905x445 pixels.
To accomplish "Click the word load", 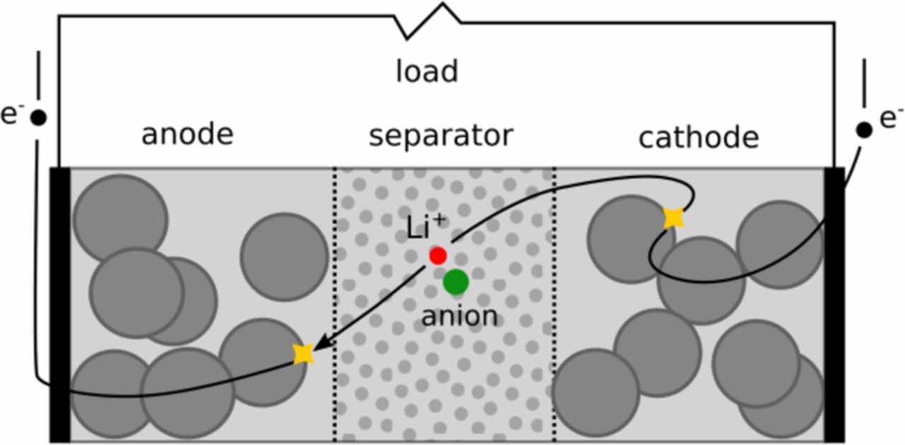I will click(x=426, y=71).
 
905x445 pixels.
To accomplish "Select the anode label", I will click(x=187, y=134).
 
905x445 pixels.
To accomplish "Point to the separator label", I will click(x=440, y=135).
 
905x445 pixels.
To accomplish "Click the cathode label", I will click(x=699, y=137).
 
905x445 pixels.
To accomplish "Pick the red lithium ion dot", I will click(x=438, y=255).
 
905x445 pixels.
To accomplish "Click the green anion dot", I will click(x=456, y=282).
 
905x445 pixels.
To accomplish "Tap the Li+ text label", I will click(x=426, y=228).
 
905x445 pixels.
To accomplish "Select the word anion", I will click(x=459, y=316).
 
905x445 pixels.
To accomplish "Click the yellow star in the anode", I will click(x=303, y=353).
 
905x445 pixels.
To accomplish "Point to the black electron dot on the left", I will click(x=38, y=117).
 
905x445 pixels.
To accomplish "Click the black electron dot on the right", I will click(x=864, y=129).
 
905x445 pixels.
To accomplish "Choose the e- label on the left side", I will click(x=12, y=113).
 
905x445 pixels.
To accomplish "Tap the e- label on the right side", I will click(x=890, y=118).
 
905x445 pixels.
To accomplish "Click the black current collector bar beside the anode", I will click(x=59, y=304).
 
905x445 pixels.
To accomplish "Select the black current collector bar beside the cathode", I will click(x=834, y=304).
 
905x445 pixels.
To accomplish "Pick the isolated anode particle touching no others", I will click(x=284, y=256).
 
